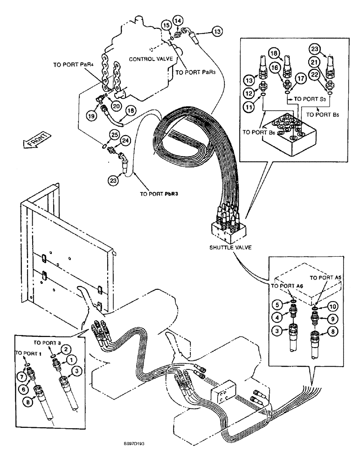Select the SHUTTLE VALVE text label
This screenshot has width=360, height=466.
coord(230,247)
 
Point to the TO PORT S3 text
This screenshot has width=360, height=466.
coord(305,100)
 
